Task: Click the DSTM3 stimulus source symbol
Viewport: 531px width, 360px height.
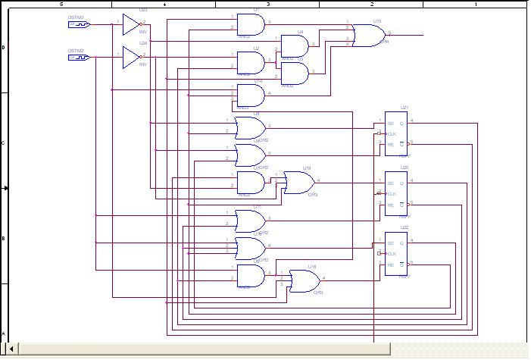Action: (x=80, y=24)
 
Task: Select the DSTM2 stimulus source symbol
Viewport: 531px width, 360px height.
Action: (x=80, y=57)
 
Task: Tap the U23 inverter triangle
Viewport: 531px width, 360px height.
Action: (x=131, y=24)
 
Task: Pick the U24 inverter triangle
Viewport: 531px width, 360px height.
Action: (x=131, y=58)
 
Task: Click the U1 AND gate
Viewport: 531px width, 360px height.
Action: (x=251, y=26)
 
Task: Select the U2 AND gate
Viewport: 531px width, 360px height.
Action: (x=251, y=62)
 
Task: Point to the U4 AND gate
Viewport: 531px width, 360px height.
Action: (x=295, y=46)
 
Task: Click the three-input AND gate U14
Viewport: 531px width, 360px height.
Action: (x=251, y=95)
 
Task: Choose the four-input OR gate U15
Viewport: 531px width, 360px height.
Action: (x=369, y=35)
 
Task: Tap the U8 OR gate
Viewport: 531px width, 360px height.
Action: (x=250, y=127)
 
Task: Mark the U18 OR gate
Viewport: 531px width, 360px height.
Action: (x=299, y=182)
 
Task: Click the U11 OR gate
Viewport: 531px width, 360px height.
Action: (x=250, y=221)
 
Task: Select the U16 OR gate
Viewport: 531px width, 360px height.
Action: (x=304, y=280)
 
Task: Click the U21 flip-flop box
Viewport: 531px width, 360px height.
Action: (x=396, y=132)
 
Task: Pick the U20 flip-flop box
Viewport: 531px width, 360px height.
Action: (x=396, y=193)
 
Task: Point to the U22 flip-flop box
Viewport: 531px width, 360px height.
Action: (x=396, y=253)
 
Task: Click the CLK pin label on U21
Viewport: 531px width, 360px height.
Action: (x=392, y=133)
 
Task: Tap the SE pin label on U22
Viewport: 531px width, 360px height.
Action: (x=391, y=243)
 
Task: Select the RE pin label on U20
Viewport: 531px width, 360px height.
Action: (x=391, y=205)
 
